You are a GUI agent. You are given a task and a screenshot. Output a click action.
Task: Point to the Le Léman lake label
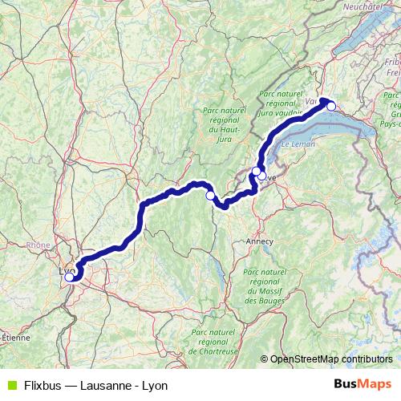click(x=298, y=144)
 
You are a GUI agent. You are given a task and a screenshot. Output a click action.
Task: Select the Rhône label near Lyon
click(x=38, y=245)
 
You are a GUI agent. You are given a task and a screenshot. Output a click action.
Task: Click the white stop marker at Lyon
click(x=69, y=277)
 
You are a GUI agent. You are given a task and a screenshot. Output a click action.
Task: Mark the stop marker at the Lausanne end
click(x=330, y=106)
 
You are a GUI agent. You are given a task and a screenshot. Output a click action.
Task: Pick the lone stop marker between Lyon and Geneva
click(x=211, y=195)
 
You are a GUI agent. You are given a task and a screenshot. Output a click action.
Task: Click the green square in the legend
click(x=10, y=385)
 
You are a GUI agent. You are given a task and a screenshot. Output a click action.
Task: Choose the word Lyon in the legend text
click(x=154, y=385)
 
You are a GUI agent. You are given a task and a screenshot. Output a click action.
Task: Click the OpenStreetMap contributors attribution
click(x=330, y=358)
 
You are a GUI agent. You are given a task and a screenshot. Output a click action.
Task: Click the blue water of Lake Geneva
click(x=337, y=132)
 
